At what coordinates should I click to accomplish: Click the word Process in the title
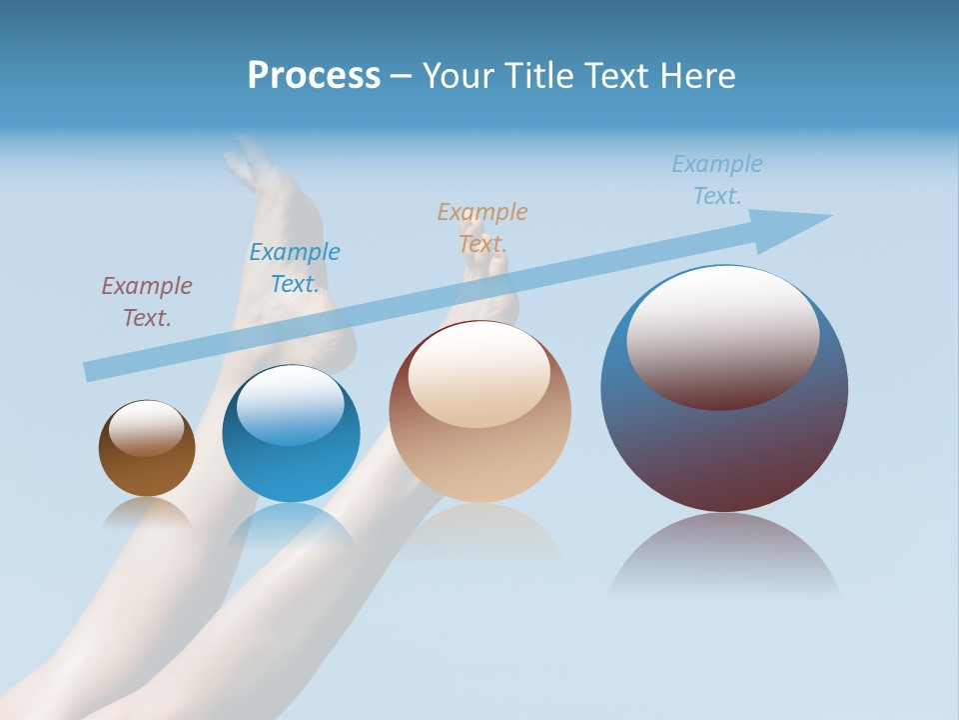(x=314, y=76)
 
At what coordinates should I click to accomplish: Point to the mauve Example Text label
(x=147, y=302)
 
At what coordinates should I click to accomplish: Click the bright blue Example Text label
(x=295, y=268)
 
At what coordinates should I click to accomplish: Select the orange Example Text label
(x=482, y=227)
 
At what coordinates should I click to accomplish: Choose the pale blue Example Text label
(x=717, y=180)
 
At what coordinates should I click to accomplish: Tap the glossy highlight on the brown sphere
(x=147, y=428)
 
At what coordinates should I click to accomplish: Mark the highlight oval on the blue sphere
(x=290, y=404)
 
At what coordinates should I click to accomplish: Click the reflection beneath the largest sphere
(x=724, y=555)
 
